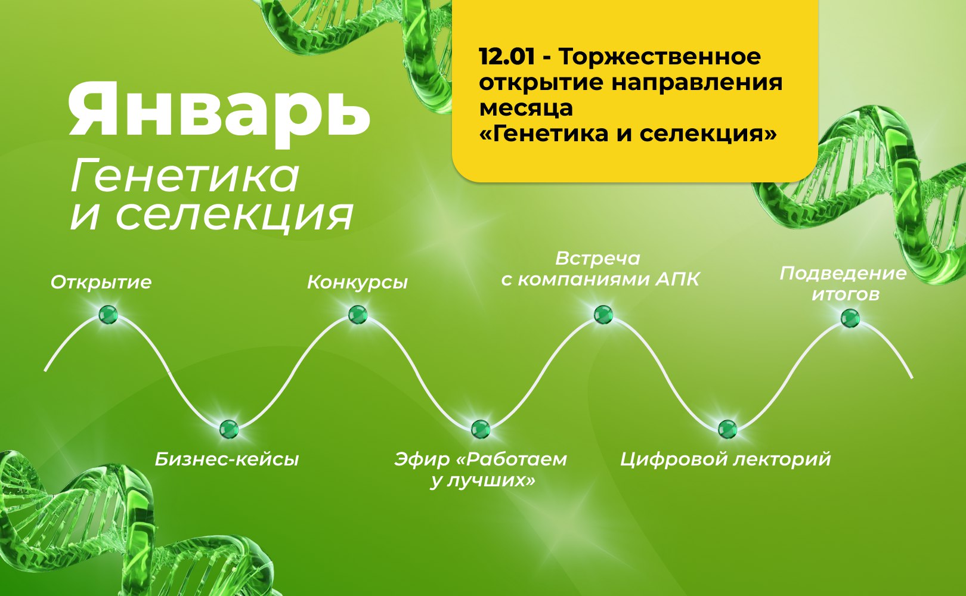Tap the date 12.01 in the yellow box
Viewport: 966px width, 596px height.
coord(507,57)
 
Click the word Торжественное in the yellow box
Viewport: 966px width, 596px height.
coord(660,57)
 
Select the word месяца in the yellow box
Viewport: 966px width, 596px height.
coord(526,108)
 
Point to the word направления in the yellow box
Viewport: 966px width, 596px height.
coord(697,83)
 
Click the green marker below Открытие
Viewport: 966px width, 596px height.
coord(108,314)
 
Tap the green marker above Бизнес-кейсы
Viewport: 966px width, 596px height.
coord(229,429)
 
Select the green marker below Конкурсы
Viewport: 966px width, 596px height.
coord(358,314)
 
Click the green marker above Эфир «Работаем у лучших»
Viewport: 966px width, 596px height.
coord(481,429)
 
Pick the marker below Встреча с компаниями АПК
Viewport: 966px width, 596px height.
coord(603,314)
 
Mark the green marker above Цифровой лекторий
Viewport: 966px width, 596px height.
coord(727,429)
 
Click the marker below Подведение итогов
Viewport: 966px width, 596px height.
coord(850,318)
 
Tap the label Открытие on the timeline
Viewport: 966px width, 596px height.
coord(101,283)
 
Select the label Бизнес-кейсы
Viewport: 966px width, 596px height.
coord(227,460)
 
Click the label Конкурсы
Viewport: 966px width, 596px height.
coord(358,283)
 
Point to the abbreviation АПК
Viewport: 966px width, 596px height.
coord(677,280)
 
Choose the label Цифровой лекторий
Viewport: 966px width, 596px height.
coord(725,460)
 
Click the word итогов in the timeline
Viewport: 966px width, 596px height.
coord(846,295)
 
